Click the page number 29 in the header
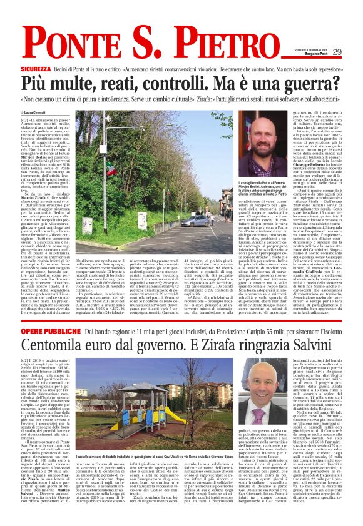[x=354, y=51]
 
